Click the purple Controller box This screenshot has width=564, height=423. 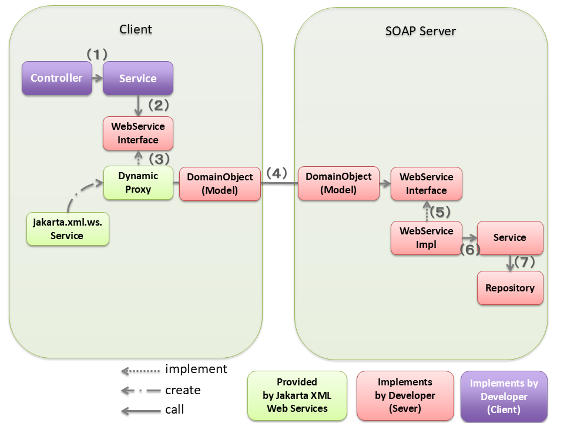pos(56,78)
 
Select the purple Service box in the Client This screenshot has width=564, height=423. pos(138,78)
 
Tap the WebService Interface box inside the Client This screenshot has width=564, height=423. pos(138,133)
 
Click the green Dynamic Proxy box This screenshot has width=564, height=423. pos(138,183)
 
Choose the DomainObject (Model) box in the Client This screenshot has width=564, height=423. pos(220,183)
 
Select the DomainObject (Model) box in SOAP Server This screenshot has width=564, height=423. pos(338,183)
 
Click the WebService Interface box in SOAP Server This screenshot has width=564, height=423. pos(427,183)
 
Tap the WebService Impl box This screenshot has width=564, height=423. pos(427,237)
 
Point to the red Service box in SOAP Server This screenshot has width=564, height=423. pos(510,237)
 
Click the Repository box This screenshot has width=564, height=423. pos(510,288)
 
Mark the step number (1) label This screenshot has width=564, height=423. pos(98,54)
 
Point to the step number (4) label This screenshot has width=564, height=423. pos(277,173)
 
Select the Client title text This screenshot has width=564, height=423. pos(135,29)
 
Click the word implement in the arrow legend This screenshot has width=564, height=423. pos(196,370)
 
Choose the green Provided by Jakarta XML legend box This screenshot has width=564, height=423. pos(297,395)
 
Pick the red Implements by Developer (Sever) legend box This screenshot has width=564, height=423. pos(405,395)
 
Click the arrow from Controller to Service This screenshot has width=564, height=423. pos(98,78)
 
